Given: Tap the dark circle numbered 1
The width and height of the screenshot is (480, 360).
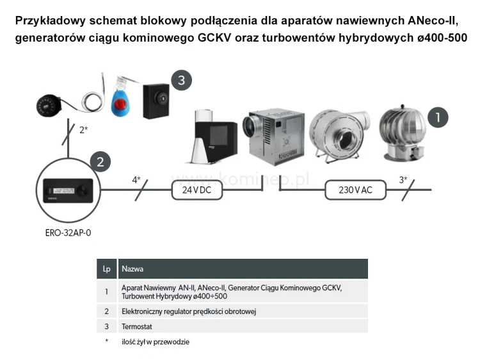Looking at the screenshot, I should click(437, 117).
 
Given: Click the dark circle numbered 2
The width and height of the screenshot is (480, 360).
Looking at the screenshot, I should click(100, 161).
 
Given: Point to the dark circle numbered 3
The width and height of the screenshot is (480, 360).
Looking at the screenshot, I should click(181, 80).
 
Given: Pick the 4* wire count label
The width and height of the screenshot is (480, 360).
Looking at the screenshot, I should click(136, 180).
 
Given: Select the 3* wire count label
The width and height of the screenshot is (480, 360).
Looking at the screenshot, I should click(404, 180).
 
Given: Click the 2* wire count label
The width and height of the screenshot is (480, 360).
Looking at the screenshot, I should click(83, 129).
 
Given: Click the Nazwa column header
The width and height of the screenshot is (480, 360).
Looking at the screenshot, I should click(132, 269).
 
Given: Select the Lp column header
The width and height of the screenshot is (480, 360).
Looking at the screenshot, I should click(106, 269).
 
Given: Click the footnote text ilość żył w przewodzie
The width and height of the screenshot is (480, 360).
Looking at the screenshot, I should click(156, 341).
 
